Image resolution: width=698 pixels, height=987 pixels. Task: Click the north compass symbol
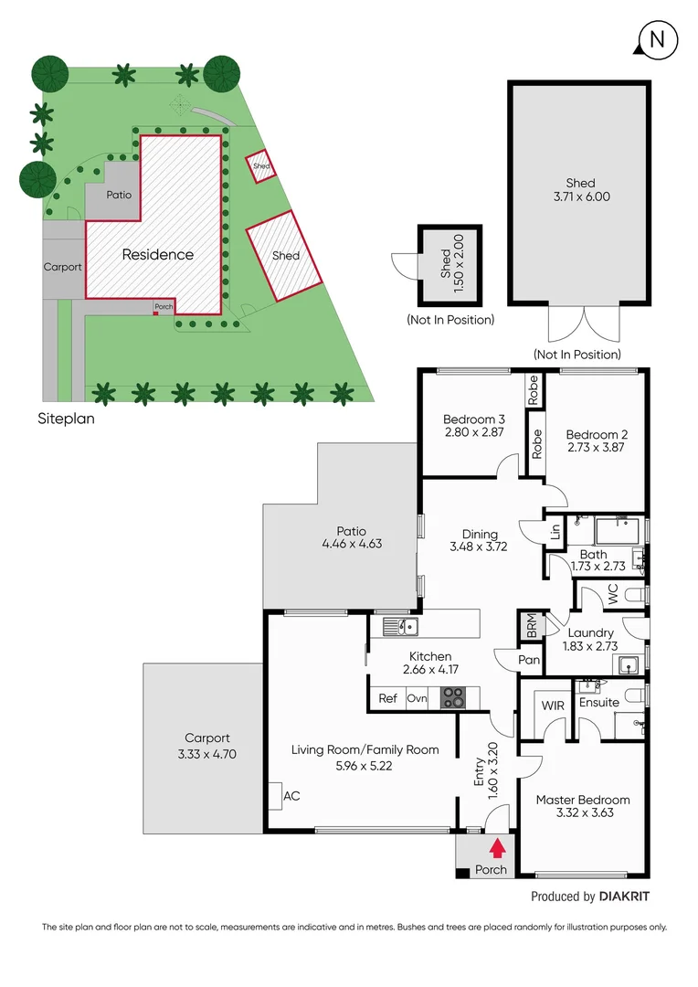tap(656, 39)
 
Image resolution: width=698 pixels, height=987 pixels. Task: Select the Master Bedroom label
tap(582, 800)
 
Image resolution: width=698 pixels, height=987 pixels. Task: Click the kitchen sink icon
tap(400, 626)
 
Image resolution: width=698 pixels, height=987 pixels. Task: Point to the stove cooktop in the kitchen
tap(453, 698)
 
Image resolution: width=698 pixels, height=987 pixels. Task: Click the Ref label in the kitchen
tap(388, 698)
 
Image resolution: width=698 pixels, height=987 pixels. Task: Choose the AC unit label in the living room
tap(291, 796)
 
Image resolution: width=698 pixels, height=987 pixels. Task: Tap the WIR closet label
tap(553, 706)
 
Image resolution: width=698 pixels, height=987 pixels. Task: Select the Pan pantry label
tap(530, 660)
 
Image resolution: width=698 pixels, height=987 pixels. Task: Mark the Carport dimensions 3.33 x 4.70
tap(207, 754)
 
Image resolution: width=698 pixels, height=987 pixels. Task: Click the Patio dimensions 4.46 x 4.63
tap(352, 544)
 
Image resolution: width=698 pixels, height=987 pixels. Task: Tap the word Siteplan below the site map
tap(66, 420)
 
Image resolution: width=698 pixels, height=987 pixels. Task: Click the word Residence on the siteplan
tap(158, 255)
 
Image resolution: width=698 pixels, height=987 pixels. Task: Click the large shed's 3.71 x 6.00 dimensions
tap(580, 196)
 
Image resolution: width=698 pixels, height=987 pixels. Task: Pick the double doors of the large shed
tap(578, 325)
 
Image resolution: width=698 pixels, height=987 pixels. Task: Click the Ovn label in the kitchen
tap(417, 698)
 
